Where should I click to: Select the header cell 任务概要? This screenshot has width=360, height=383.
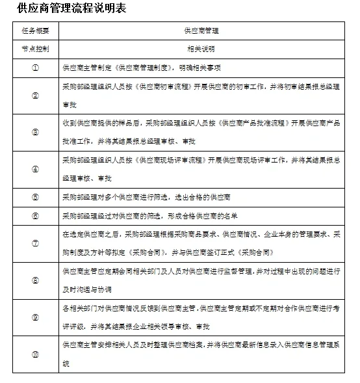tap(35, 31)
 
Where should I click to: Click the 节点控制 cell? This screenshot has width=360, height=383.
tap(35, 49)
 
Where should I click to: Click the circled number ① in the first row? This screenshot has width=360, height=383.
tap(35, 67)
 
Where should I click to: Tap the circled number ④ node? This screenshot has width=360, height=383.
tap(35, 168)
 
